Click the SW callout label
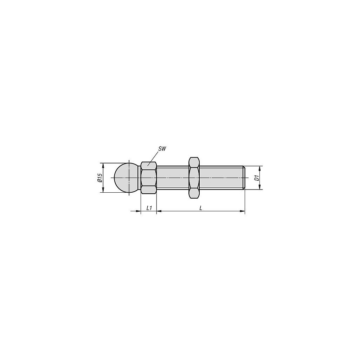(x=162, y=149)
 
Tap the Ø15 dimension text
(x=99, y=178)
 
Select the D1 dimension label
(x=257, y=178)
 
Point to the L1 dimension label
(x=149, y=208)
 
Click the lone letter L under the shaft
(x=201, y=208)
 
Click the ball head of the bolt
(x=126, y=178)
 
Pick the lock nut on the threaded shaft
(x=194, y=178)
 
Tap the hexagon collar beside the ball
(x=149, y=178)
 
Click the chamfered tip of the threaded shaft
(x=244, y=178)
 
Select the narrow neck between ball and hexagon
(x=140, y=178)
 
